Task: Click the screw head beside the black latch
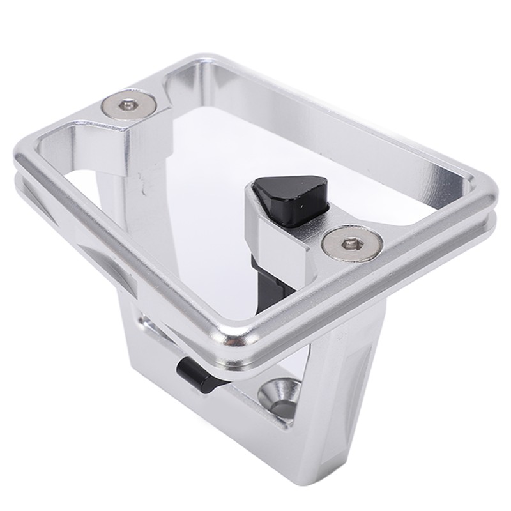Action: pyautogui.click(x=352, y=243)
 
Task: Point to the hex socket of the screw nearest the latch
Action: pyautogui.click(x=352, y=243)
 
